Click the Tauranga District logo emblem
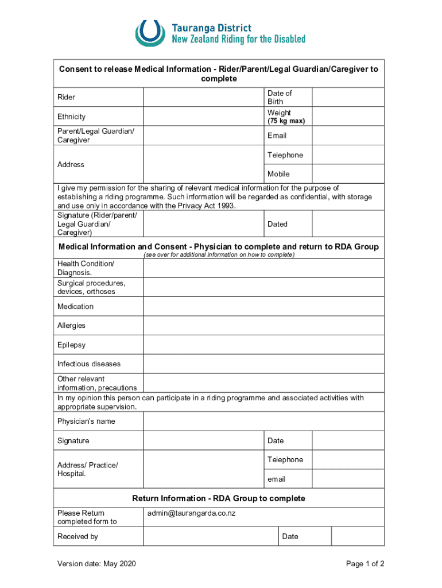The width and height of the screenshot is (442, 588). (150, 33)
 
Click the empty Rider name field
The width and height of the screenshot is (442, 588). (203, 97)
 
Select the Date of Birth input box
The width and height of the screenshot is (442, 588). (348, 97)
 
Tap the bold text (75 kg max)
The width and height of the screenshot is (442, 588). (286, 121)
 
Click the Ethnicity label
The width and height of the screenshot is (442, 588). (71, 117)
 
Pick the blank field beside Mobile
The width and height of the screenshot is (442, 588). (348, 174)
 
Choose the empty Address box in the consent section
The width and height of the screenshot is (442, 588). (203, 164)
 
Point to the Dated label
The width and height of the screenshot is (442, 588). (277, 224)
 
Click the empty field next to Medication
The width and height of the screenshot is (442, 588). (263, 307)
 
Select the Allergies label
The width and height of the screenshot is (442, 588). (71, 326)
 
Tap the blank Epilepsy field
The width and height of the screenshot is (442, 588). (263, 345)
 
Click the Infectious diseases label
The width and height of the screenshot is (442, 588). (89, 364)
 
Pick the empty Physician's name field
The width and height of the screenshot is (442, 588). (263, 421)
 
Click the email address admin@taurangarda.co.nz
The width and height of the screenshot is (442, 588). (191, 513)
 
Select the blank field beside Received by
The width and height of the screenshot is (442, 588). (211, 536)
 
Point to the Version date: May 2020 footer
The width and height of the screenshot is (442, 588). (96, 564)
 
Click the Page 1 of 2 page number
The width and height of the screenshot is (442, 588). (365, 564)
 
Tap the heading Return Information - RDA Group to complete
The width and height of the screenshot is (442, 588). (219, 498)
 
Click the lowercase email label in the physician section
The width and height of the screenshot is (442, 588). (276, 479)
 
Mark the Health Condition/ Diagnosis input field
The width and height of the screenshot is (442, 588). (263, 268)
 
